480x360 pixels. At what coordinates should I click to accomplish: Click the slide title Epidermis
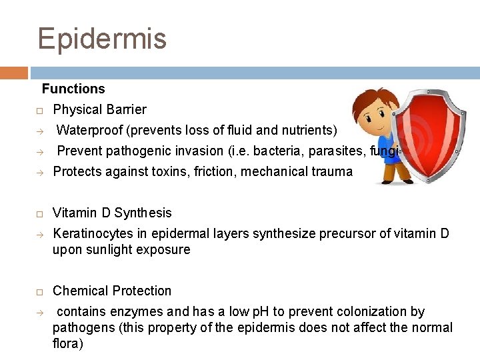pos(102,39)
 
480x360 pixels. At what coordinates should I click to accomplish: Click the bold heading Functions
pos(73,89)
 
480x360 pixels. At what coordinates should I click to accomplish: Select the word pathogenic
pos(133,151)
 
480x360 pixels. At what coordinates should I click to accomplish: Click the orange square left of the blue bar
pos(14,73)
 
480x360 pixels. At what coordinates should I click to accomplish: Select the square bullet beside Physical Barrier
pos(39,110)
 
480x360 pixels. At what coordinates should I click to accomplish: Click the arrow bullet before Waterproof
pos(39,131)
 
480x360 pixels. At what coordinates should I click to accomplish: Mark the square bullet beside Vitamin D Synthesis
pos(39,213)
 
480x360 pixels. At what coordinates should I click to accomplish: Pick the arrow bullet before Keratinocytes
pos(39,234)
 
